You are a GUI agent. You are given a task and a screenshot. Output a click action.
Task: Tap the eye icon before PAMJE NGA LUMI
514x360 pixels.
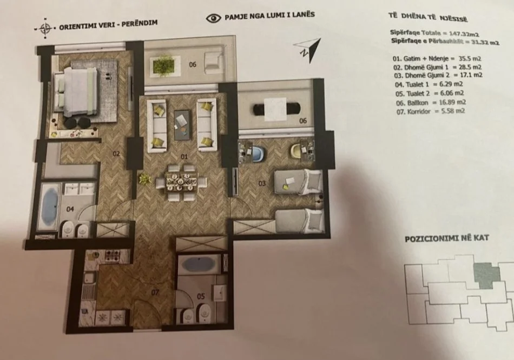coord(214,18)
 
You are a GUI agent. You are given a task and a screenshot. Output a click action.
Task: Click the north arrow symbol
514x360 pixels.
coord(308,49)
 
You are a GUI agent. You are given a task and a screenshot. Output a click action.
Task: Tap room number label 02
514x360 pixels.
coord(116,154)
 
